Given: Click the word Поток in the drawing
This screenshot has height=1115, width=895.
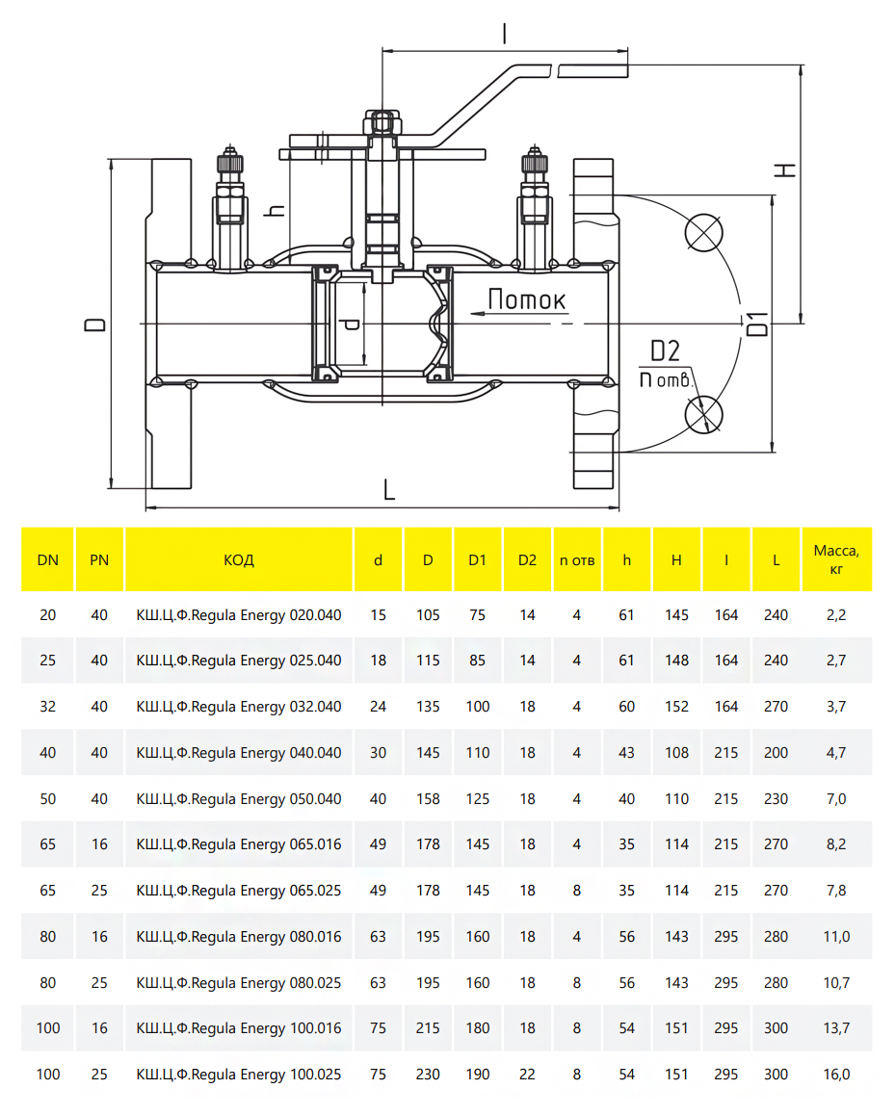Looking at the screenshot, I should pos(526,299).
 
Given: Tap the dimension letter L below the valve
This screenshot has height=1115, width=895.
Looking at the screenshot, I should pos(389,490).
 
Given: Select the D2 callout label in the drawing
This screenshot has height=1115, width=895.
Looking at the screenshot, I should pos(665,350).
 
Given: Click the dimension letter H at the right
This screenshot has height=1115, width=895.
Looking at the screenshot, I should pos(787,169).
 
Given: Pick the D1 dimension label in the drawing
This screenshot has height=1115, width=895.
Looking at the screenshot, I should pos(759,324).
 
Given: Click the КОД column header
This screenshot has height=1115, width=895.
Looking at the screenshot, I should pos(239,559).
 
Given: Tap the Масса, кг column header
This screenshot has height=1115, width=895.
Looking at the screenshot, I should pos(835,559).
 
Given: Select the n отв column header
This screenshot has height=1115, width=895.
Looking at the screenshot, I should pos(577,559).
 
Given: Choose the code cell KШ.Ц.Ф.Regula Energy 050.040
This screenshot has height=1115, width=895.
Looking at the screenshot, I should pos(239,798).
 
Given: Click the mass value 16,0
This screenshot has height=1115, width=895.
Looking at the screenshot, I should pos(835,1075).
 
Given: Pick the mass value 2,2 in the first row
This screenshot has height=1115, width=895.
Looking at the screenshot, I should pos(835,614).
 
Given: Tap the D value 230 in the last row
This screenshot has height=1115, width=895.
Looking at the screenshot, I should pos(428,1075).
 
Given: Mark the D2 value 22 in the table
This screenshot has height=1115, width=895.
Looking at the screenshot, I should pos(527,1075).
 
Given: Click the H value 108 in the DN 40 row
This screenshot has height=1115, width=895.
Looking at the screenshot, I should pos(676,752).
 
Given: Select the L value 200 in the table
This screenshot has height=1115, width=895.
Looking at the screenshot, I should pos(776,752).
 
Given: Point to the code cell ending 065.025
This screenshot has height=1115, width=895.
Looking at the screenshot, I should pos(239,891).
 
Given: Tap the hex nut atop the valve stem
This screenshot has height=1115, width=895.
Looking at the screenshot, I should pos(382,122).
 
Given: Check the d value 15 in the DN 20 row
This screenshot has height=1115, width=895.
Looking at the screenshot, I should pos(378,614).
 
